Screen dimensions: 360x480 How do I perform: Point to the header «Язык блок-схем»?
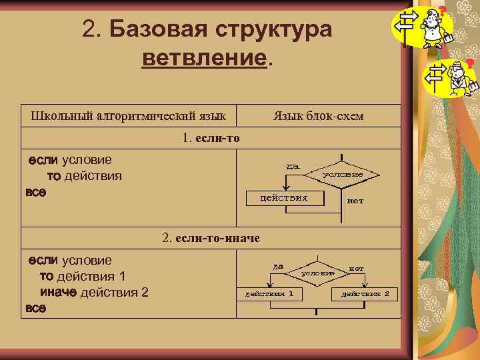tap(319, 116)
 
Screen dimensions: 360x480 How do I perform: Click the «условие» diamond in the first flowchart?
tap(342, 174)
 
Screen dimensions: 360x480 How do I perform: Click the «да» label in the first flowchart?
tap(292, 165)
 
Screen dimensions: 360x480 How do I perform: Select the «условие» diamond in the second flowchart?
tap(317, 272)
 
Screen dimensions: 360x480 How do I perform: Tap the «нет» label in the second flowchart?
tap(356, 268)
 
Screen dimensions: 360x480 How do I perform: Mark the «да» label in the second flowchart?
tap(277, 265)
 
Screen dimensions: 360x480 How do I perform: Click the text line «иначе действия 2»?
tap(95, 293)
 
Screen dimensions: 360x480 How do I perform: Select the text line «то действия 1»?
tap(83, 277)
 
